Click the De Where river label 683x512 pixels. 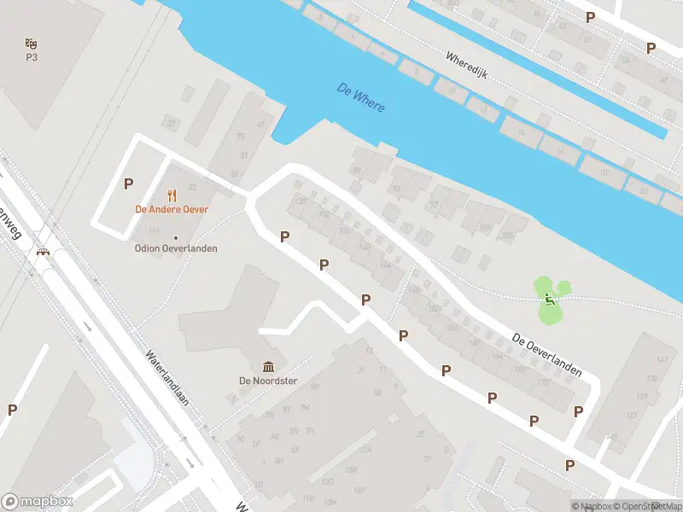coord(361,98)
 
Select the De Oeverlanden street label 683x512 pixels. coord(547,354)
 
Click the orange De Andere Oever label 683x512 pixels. coord(172,209)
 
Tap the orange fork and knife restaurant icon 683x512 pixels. coord(172,195)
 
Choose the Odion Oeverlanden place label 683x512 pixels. coord(176,248)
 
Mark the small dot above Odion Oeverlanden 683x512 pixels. coord(176,237)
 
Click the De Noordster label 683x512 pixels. coord(268,381)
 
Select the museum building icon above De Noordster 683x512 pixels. coord(268,366)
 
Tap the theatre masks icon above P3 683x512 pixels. coord(32,43)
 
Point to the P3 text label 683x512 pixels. coord(32,57)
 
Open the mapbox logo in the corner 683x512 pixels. coord(38,502)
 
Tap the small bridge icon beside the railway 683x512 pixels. coord(42,251)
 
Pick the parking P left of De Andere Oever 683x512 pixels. coord(129,183)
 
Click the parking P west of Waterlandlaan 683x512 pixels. coord(12,410)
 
